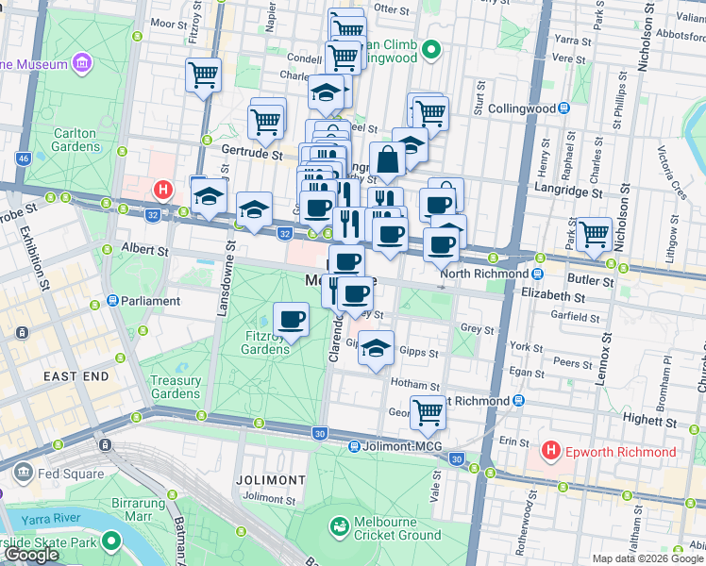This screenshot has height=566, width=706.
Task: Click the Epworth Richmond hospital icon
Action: pos(551,452)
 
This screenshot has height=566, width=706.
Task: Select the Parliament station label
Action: pos(149,301)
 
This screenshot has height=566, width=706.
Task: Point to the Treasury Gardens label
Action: pos(176,387)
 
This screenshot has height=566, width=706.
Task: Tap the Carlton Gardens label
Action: pos(74,140)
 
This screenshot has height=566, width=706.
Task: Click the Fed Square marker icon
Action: pos(22,471)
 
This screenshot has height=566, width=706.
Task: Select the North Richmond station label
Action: pos(481,274)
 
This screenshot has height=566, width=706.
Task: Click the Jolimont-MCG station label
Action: pos(401,446)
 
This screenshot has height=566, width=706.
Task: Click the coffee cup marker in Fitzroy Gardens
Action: pos(292,321)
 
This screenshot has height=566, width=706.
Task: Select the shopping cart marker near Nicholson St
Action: pos(594,233)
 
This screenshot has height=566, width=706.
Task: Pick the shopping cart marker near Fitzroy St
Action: pos(204,75)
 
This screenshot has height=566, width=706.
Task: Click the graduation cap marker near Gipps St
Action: pos(377,348)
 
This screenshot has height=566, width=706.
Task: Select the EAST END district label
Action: pos(76,375)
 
